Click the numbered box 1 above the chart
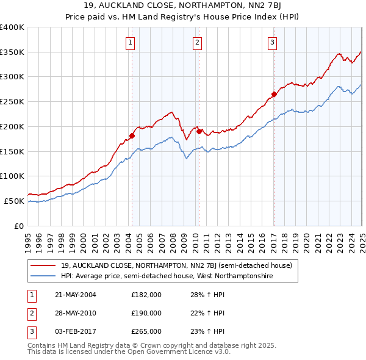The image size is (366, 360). (131, 43)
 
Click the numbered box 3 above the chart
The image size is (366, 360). (272, 43)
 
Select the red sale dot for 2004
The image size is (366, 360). (132, 135)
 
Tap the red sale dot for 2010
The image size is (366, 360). (199, 131)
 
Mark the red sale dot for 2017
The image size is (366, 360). (274, 94)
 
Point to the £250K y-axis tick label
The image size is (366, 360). (12, 101)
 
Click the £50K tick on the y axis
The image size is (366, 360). (14, 201)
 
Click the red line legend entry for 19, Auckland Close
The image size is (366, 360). (176, 265)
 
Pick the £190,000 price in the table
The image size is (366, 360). (146, 313)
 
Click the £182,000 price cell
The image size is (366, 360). (146, 295)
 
